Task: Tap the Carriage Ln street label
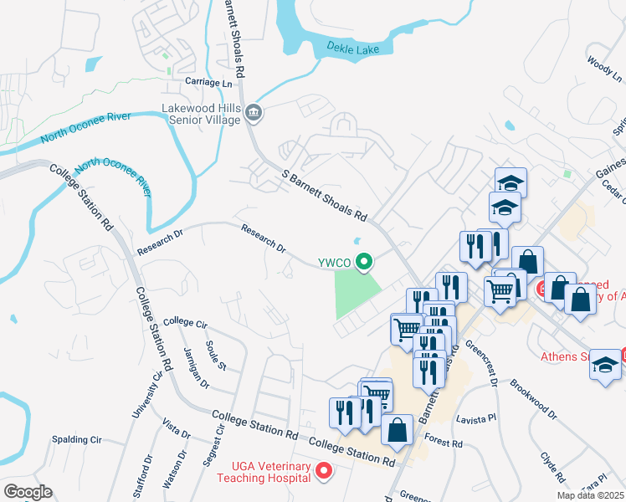click(209, 83)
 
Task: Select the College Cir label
click(185, 321)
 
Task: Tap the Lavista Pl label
click(476, 417)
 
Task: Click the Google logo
click(28, 491)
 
